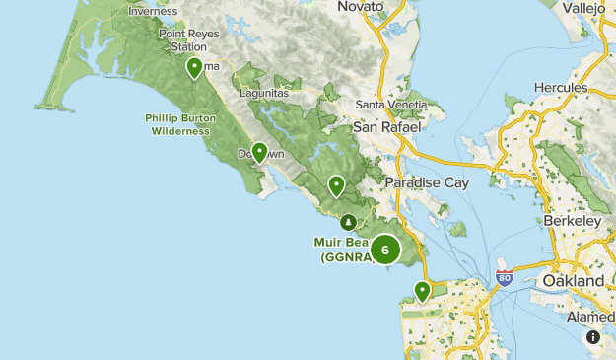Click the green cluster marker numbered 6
[385, 250]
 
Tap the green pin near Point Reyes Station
[195, 67]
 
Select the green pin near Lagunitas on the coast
[259, 152]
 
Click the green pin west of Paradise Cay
[336, 184]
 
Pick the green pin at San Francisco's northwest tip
[422, 290]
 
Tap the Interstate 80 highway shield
[504, 278]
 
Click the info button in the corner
[593, 337]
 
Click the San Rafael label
[387, 127]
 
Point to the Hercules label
[561, 87]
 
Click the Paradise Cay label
[426, 182]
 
